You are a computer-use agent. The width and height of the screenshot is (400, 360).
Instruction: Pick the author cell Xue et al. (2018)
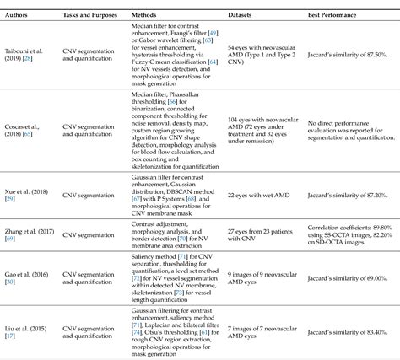20,196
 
